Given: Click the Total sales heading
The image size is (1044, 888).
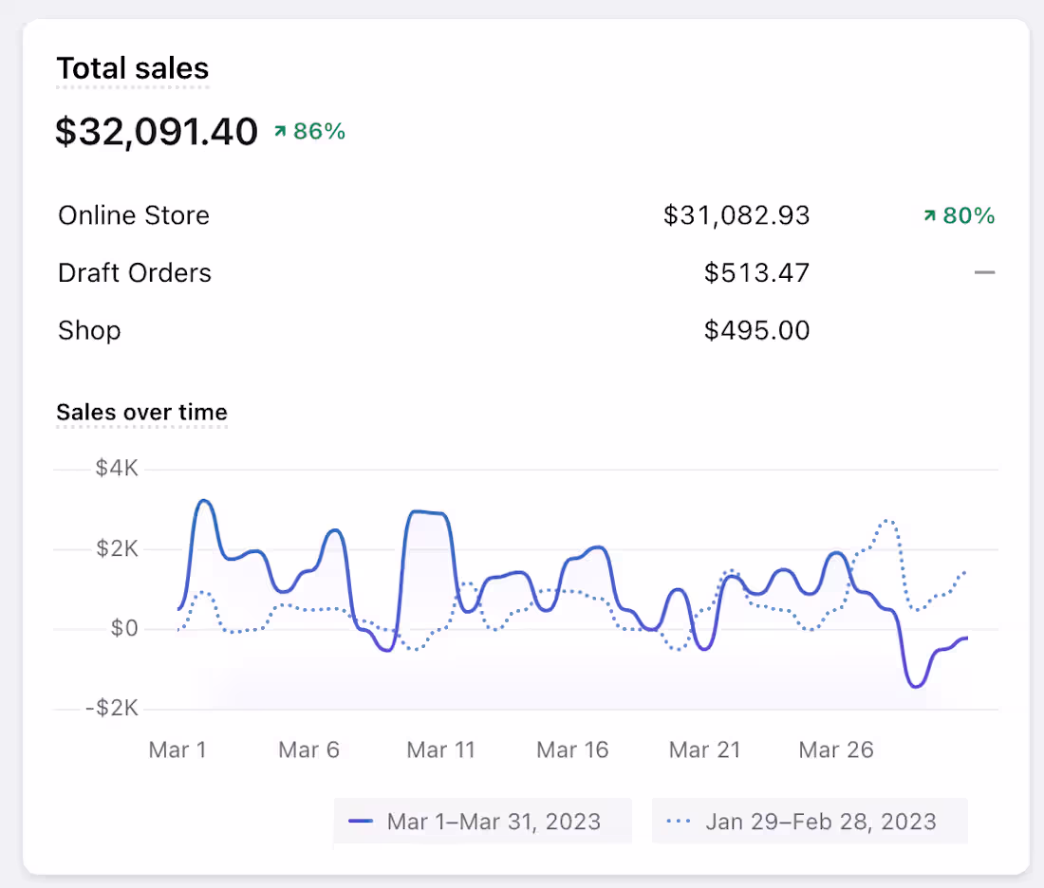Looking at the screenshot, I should point(133,68).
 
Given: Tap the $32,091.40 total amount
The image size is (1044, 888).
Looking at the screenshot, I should point(157,132).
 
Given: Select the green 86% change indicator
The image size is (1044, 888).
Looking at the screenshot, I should point(309,132).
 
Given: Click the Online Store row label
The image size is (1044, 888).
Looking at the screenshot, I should point(134,215).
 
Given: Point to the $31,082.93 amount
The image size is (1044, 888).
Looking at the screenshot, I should point(736,215).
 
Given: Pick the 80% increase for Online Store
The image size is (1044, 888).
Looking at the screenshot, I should point(959,216).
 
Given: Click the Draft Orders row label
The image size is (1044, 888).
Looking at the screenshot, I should point(135,273).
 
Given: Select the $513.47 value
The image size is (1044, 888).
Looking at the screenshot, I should point(756,273).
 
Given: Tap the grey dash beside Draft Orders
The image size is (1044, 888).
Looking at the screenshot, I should point(984,273).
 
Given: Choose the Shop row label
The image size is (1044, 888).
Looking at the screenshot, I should point(89,330).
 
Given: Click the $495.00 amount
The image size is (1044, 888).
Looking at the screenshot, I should point(756,330).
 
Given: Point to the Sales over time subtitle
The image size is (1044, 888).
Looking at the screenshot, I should point(141,412).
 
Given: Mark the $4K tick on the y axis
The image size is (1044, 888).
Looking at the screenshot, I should point(117,469).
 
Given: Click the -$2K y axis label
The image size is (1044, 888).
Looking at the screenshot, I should point(112,709).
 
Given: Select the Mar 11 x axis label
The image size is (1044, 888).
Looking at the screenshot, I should point(440,749).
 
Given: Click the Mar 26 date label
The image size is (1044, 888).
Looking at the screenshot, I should point(835,749).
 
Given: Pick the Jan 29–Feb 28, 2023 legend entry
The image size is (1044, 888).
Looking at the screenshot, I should point(810,822).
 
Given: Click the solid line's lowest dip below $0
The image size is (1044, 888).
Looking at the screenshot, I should point(916,685).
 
